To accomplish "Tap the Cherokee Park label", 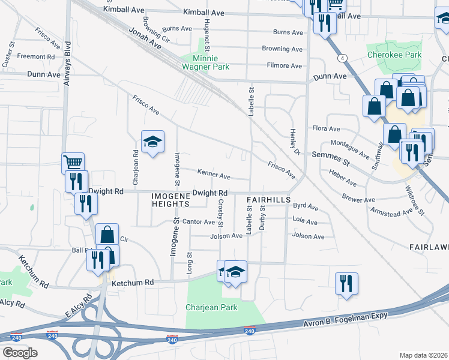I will tap(394, 55).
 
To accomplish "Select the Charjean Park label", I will tap(220, 308).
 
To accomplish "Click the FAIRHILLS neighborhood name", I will tap(269, 199).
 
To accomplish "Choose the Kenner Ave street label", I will tap(214, 176).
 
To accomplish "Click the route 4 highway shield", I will tap(341, 58).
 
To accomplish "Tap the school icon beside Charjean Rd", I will tap(152, 142).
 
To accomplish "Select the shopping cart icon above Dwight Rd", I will tap(73, 163).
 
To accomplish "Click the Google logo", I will tap(20, 352).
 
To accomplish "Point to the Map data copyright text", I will tap(423, 355).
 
